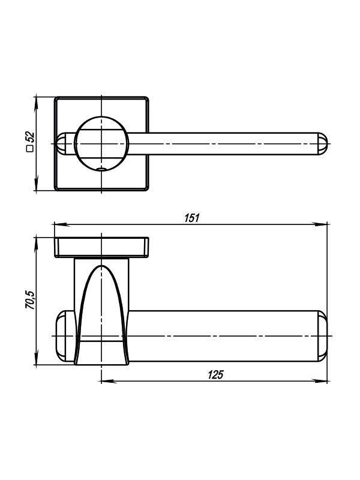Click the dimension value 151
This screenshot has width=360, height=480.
coord(192,218)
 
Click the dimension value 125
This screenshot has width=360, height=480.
coord(216,374)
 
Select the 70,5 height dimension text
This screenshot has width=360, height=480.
coord(31,299)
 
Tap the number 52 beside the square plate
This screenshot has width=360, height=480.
coord(30,137)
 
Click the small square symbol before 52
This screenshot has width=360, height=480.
coord(30,149)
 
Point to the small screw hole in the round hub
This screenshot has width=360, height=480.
coord(101,169)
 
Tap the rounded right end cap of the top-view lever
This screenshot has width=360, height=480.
coord(322,143)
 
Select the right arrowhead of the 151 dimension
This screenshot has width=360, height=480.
coord(319,224)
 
